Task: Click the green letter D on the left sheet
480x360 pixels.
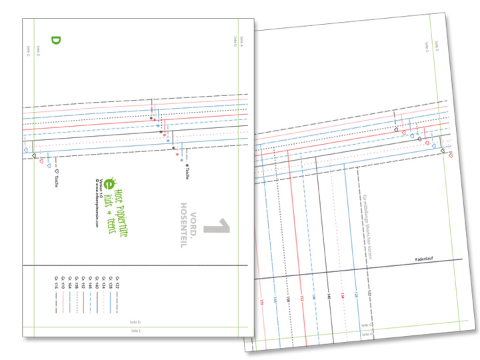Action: point(56,41)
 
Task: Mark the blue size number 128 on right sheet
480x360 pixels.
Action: point(355,293)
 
